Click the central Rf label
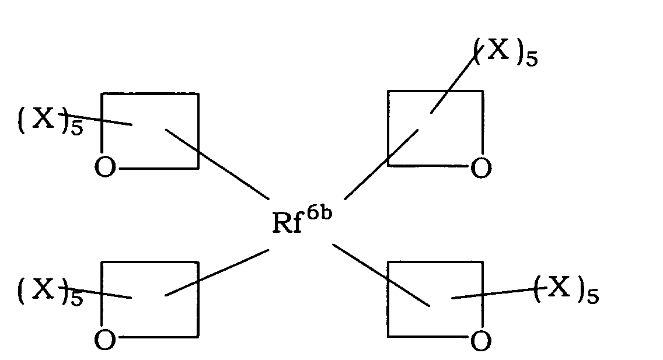pos(288,222)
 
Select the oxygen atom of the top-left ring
pos(105,167)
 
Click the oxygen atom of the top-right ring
pos(481,167)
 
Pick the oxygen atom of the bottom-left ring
pos(105,340)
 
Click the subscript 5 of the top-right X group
pos(532,58)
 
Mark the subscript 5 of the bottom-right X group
pos(593,296)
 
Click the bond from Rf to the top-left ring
pos(217,165)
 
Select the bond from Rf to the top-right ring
pos(381,165)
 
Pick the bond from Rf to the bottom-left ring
pos(217,272)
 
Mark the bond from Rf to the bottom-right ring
pos(381,275)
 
